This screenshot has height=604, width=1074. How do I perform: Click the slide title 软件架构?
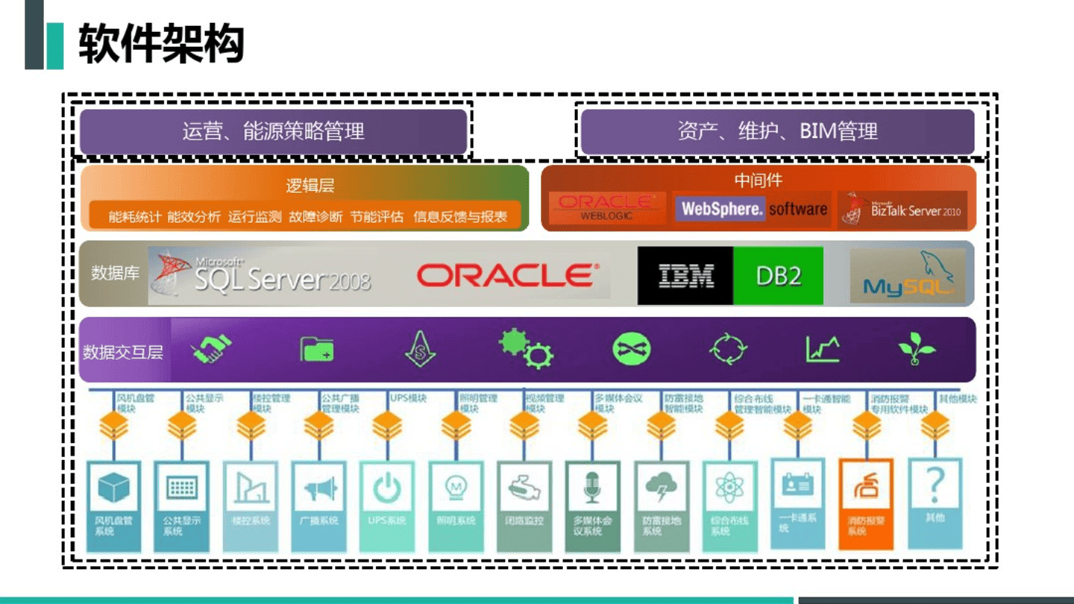(161, 43)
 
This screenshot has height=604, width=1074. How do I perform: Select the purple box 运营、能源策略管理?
(273, 132)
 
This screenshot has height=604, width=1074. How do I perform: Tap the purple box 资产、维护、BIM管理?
(777, 132)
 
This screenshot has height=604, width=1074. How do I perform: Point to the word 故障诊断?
(315, 217)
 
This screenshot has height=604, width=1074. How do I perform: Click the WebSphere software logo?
(751, 209)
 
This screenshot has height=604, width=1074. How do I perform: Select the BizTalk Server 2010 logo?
(903, 210)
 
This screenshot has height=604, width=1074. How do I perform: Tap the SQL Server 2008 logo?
(261, 274)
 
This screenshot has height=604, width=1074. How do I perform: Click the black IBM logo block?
(685, 276)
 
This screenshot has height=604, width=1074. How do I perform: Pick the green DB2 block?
(778, 276)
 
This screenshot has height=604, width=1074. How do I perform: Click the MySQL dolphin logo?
(908, 275)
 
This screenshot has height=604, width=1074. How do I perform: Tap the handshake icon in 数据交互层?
(212, 348)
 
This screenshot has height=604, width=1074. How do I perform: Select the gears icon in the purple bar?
(526, 348)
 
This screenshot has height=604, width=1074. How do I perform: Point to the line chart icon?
(823, 348)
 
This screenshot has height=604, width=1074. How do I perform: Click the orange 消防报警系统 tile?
(866, 503)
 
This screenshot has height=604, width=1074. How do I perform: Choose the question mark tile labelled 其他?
(935, 492)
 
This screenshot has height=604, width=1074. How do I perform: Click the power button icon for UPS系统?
(387, 488)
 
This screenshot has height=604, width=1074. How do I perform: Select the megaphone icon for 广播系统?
(319, 488)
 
